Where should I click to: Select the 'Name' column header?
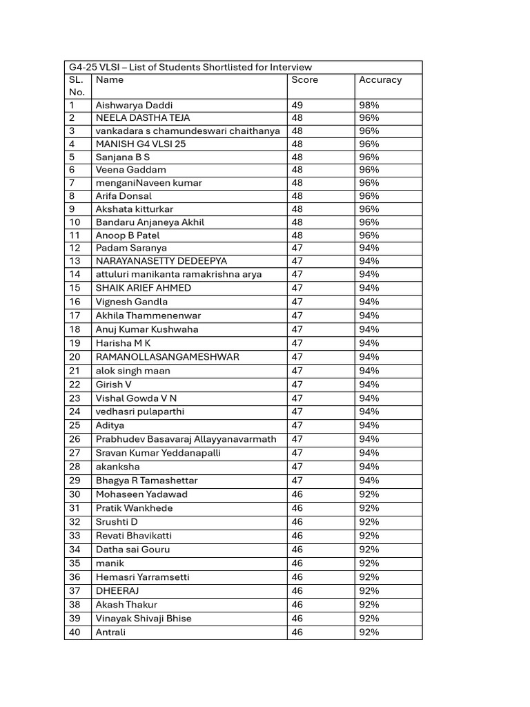(110, 80)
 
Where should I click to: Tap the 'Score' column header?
(304, 80)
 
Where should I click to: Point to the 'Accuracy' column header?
(380, 80)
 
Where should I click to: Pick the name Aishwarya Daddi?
(130, 106)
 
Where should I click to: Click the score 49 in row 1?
(297, 106)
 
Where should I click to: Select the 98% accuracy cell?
(369, 106)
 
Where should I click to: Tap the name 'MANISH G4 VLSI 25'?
(141, 144)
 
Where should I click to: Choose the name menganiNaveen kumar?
(148, 183)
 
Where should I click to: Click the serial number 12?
(75, 248)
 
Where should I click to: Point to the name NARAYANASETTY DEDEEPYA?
(161, 261)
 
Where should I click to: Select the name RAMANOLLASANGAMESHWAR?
(168, 357)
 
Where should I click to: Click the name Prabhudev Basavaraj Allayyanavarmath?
(186, 439)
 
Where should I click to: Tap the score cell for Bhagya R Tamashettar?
(297, 481)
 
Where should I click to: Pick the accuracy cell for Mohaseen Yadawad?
(369, 494)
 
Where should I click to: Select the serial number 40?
(75, 632)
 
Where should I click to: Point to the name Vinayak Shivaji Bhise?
(144, 619)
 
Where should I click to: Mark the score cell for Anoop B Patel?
(297, 235)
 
